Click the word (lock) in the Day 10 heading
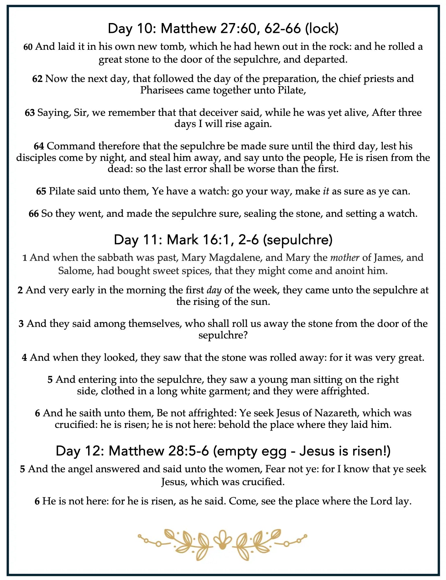tap(322, 28)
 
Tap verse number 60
tap(28, 47)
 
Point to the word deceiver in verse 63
tap(235, 112)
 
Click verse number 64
tap(39, 146)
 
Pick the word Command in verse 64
tap(71, 146)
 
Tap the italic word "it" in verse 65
tap(326, 191)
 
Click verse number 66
tap(34, 213)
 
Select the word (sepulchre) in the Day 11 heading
tap(298, 240)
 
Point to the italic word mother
tap(345, 257)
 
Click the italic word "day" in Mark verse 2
tap(214, 290)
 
